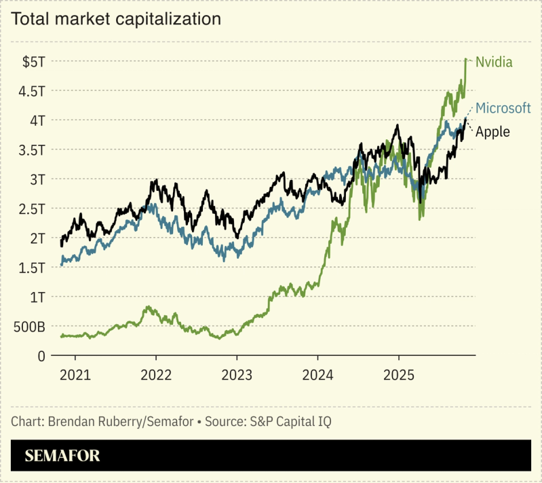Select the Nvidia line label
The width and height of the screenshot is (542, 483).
click(494, 62)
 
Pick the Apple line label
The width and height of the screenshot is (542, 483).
click(492, 132)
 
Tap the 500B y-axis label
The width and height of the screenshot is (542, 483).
click(28, 327)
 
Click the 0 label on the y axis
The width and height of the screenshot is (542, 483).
click(41, 356)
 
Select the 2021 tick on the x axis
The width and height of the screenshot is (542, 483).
click(75, 374)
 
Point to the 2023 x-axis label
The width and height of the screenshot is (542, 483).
click(237, 374)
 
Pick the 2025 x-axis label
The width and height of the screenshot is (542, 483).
click(399, 374)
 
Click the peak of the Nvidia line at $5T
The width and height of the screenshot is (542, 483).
click(466, 59)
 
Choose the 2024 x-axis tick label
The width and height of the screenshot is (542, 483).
click(317, 374)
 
